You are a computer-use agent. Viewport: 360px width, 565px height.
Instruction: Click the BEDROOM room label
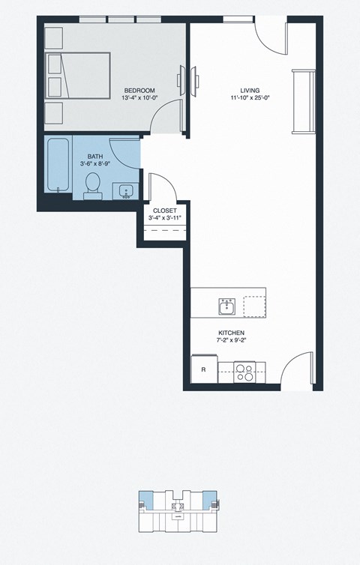tap(139, 91)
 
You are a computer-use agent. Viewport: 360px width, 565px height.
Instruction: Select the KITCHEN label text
tap(232, 333)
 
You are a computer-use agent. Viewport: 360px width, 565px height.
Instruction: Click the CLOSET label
tap(165, 211)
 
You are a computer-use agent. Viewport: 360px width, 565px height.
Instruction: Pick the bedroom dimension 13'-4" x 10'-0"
tap(139, 98)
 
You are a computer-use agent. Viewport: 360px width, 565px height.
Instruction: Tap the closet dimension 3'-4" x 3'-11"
tap(165, 218)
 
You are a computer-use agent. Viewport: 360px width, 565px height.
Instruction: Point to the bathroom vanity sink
tap(124, 190)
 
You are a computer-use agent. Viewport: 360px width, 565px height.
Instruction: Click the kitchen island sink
tap(227, 306)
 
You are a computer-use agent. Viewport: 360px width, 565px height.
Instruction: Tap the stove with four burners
tap(244, 372)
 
